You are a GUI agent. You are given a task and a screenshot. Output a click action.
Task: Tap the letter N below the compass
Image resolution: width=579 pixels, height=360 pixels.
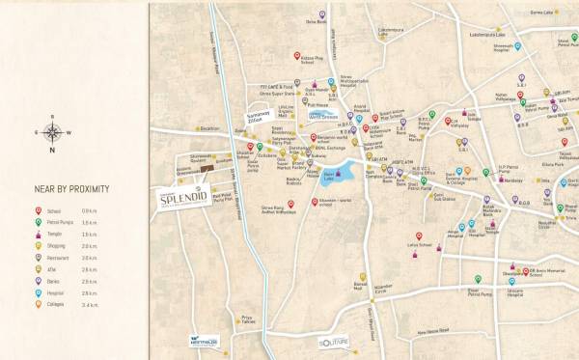tap(54, 151)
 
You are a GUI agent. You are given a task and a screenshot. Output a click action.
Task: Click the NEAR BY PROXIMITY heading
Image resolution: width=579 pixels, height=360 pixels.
tap(72, 188)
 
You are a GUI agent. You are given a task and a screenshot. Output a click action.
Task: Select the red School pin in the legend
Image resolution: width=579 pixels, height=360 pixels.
tap(38, 210)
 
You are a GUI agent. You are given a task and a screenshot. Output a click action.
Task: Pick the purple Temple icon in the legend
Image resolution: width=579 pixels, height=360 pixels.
tap(38, 234)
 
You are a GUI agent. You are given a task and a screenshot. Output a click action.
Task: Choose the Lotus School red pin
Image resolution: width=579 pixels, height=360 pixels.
tap(417, 235)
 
